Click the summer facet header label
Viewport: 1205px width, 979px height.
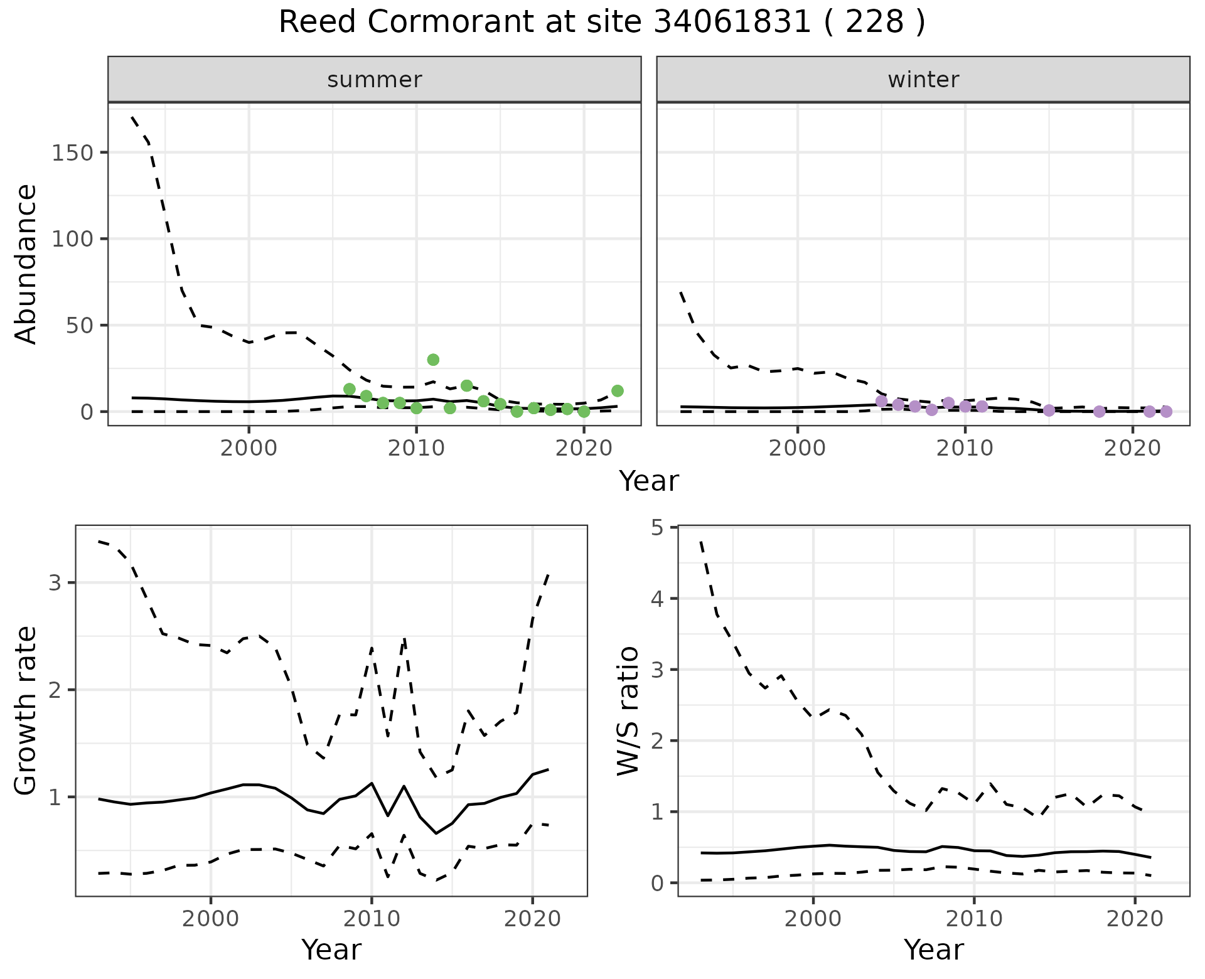click(x=375, y=80)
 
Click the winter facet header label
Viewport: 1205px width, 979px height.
click(x=923, y=80)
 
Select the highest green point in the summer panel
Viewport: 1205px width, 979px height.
click(x=433, y=360)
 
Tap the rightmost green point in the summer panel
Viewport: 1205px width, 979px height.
click(x=617, y=391)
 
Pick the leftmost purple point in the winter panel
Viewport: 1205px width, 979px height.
click(x=881, y=401)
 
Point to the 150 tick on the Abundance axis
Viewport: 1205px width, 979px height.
click(x=74, y=153)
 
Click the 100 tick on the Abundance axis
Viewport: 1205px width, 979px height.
click(x=74, y=239)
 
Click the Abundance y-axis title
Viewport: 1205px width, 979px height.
click(x=26, y=264)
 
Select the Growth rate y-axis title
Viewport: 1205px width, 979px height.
click(x=26, y=710)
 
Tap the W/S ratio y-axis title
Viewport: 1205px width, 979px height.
click(x=628, y=710)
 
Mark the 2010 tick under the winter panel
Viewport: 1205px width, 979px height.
click(x=965, y=448)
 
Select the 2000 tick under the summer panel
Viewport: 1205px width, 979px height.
click(x=249, y=448)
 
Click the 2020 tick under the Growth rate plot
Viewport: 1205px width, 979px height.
click(x=532, y=919)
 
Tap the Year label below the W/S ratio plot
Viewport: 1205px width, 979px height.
click(x=933, y=950)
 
